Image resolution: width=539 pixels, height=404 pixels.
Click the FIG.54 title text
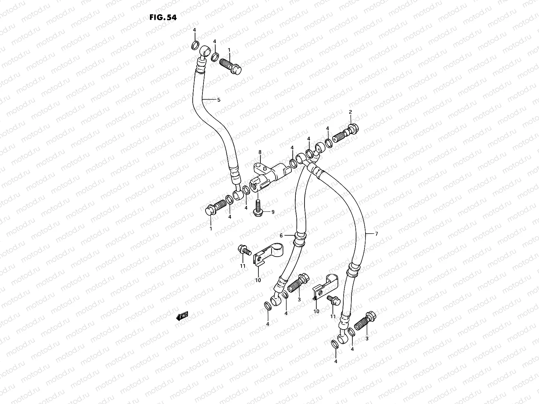click(x=163, y=18)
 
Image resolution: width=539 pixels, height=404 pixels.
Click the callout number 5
click(x=218, y=100)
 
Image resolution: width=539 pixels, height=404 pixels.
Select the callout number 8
click(x=260, y=152)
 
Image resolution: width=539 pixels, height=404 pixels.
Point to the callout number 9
click(x=273, y=212)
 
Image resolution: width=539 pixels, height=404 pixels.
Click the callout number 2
click(x=350, y=112)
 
